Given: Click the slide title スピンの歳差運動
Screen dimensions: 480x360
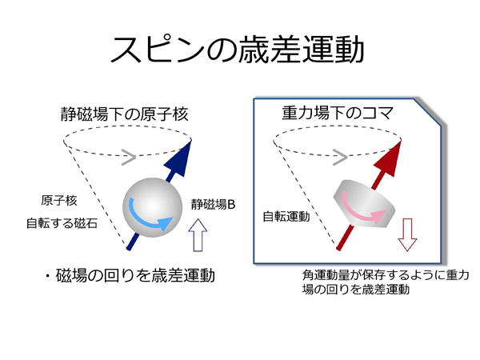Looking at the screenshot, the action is [x=238, y=49].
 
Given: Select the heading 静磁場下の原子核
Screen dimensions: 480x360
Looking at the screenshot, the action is [x=124, y=114].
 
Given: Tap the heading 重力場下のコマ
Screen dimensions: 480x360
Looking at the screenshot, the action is [x=337, y=113].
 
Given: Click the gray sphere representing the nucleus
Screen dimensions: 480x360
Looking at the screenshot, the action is [x=153, y=207].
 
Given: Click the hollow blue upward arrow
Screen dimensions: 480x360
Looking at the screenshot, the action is [x=198, y=235].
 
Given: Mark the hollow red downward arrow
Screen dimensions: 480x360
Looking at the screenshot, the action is [x=407, y=235].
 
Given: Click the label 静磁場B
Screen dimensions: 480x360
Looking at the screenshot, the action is [x=213, y=205].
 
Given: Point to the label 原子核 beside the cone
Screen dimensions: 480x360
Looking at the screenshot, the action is [x=58, y=201].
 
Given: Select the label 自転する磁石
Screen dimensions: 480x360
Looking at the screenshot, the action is [x=62, y=223].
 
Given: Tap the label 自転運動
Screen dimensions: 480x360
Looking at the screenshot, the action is [x=286, y=217].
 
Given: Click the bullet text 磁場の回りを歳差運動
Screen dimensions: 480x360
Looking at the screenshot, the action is [x=135, y=275].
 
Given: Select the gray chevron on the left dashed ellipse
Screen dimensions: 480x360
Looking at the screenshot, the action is [x=129, y=158].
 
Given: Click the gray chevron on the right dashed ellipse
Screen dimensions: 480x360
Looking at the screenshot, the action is [x=340, y=158].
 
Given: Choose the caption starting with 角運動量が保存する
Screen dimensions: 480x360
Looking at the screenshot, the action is [x=386, y=282].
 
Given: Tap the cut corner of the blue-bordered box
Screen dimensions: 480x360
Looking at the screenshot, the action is [x=428, y=112].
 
